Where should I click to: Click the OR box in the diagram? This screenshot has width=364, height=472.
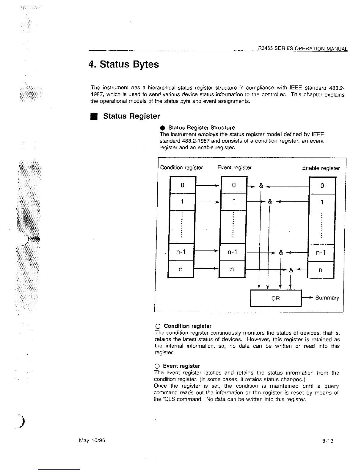coord(276,298)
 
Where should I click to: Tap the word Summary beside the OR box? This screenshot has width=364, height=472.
coord(327,298)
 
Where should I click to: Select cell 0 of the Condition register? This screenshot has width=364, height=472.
coord(182,185)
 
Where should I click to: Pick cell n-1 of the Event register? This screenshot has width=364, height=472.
coord(232,252)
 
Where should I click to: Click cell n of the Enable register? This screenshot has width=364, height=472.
coord(320,270)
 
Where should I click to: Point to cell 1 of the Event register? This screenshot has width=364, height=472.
coord(234,202)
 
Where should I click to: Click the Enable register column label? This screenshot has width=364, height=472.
coord(321,168)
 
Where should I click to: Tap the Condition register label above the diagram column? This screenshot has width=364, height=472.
coord(181,167)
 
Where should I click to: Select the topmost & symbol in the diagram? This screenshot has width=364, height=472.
coord(261,186)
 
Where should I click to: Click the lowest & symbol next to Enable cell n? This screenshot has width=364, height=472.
coord(291,270)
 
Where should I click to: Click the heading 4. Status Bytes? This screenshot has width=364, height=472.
coord(124,64)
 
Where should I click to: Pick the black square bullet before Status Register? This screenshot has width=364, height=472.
coord(94,116)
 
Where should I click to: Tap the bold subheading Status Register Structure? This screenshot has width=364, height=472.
coord(201,128)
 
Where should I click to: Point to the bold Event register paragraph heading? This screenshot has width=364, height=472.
coord(181,366)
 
